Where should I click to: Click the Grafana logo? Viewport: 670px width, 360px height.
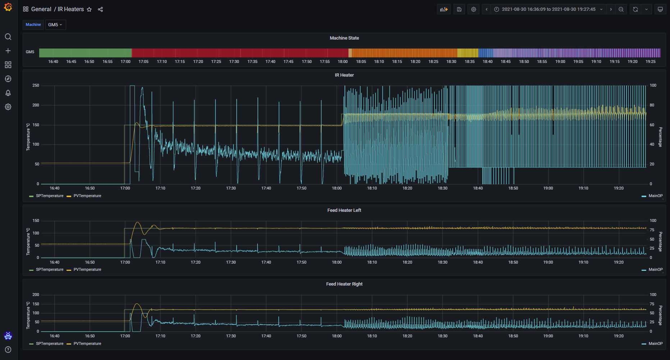8,7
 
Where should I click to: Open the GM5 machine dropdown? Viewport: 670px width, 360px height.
55,25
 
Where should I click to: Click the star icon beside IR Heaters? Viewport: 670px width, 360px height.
90,9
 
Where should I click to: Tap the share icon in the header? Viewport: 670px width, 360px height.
100,9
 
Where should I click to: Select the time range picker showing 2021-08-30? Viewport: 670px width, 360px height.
548,9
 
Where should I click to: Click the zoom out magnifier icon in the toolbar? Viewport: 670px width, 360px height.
621,9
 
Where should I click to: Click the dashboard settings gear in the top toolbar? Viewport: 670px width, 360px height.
474,9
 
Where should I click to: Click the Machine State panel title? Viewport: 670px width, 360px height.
344,38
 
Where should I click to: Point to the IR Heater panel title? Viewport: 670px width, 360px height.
344,75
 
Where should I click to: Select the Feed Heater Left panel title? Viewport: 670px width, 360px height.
344,210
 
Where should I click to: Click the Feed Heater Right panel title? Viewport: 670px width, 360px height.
344,284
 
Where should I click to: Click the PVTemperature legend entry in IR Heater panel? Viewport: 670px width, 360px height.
87,196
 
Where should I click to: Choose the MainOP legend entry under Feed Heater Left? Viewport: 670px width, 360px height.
655,270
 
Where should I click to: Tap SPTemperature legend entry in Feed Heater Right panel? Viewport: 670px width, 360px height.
50,344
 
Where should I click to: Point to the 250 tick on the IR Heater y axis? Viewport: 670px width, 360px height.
36,86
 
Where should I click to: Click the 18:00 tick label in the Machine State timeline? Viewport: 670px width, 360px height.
343,62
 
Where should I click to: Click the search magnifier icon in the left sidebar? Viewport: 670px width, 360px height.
8,37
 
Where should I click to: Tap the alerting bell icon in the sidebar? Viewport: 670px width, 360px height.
8,93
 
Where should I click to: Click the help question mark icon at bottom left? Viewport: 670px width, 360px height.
8,350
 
